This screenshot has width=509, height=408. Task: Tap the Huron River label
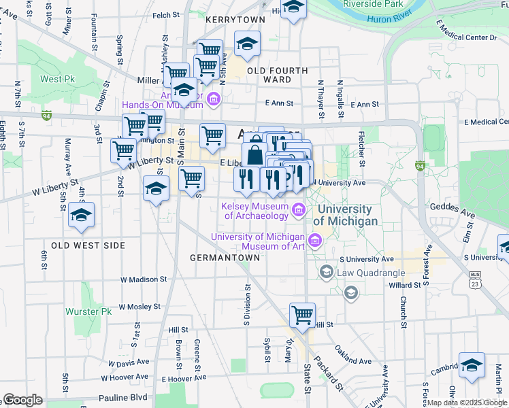pyautogui.click(x=389, y=18)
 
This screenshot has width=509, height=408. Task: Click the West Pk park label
pyautogui.click(x=57, y=79)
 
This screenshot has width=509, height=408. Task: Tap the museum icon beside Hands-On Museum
pyautogui.click(x=213, y=101)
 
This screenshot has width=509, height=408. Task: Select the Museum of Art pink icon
pyautogui.click(x=314, y=240)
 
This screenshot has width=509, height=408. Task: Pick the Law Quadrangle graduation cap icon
pyautogui.click(x=326, y=273)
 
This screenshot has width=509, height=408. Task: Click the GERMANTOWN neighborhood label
pyautogui.click(x=225, y=258)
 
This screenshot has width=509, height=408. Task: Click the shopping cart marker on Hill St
pyautogui.click(x=302, y=315)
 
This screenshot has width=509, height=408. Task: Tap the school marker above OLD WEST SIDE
pyautogui.click(x=81, y=216)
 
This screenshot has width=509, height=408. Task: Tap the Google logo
pyautogui.click(x=22, y=400)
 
